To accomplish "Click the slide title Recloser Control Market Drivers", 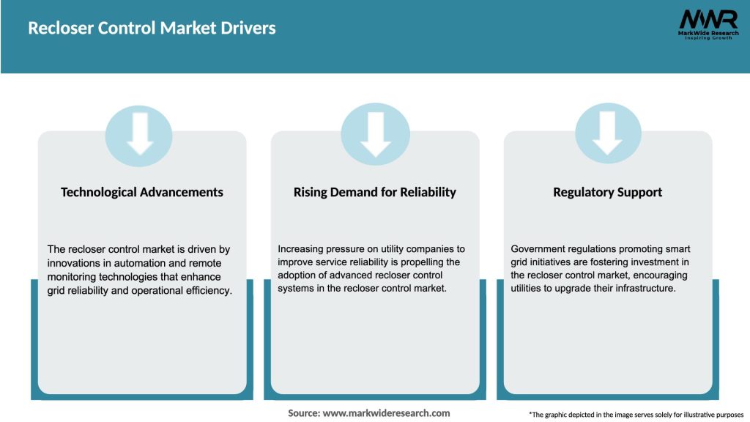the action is (x=152, y=29).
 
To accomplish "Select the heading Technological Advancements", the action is (x=142, y=192).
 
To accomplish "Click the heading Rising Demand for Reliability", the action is (x=375, y=192).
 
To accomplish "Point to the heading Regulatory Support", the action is (x=608, y=192).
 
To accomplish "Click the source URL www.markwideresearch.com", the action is (x=387, y=413).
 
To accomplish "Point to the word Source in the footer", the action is (x=303, y=413).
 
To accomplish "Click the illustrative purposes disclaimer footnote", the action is (x=636, y=415).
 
